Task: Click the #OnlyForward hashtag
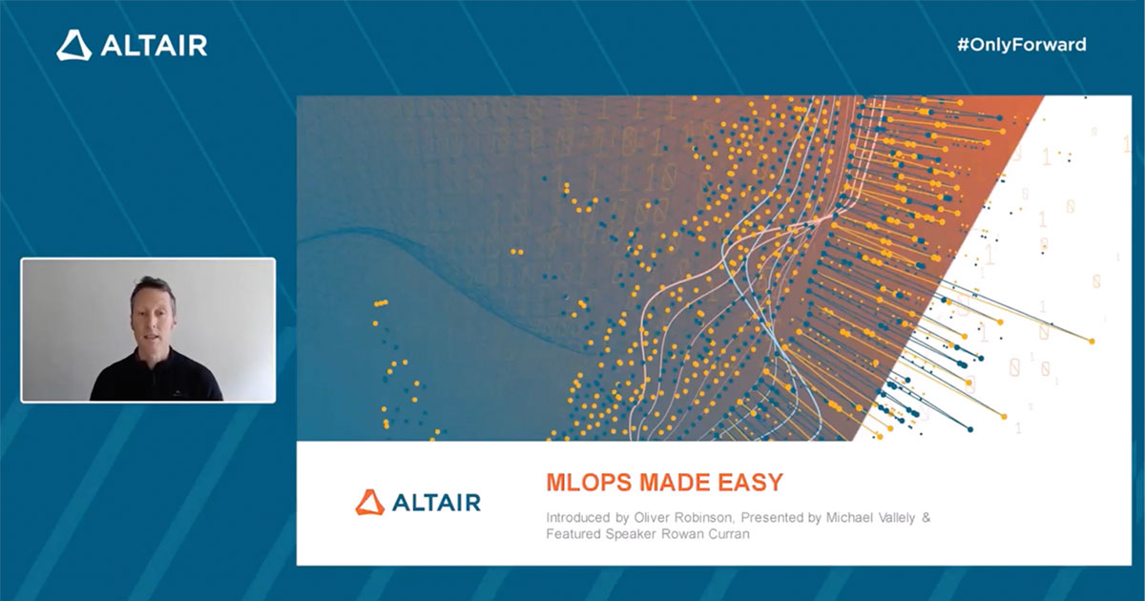tap(1021, 44)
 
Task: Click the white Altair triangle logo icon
tap(73, 45)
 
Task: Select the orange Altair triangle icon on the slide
tap(370, 502)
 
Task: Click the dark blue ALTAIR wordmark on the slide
tap(435, 502)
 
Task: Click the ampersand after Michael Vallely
tap(925, 517)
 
